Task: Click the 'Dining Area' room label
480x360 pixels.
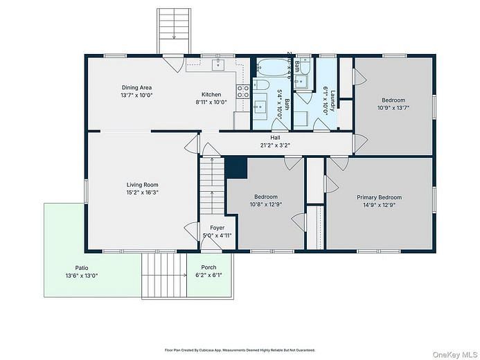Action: (x=136, y=87)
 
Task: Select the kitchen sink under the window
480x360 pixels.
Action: (x=218, y=65)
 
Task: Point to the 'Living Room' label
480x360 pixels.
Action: (x=143, y=185)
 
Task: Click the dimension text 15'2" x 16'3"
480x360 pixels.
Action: (x=143, y=192)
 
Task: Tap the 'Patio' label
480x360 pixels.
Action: (x=81, y=268)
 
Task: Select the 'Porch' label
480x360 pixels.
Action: (x=208, y=268)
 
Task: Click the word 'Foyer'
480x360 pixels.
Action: (x=217, y=228)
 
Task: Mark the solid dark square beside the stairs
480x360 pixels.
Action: (x=237, y=168)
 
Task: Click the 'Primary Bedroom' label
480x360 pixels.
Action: (x=379, y=197)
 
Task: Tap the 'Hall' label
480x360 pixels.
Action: (x=275, y=138)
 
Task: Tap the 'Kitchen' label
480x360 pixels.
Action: (x=211, y=95)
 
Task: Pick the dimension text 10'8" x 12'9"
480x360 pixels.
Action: (x=265, y=204)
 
